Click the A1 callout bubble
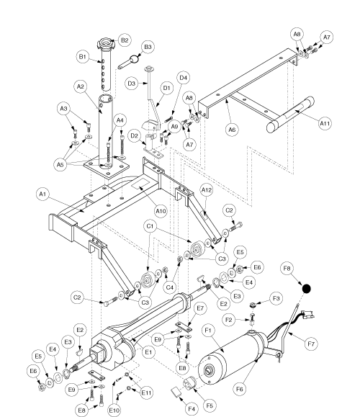point(42,194)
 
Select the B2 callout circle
point(125,40)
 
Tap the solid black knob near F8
point(306,289)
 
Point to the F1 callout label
point(208,331)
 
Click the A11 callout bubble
point(325,123)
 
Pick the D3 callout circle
point(132,84)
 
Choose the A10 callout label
point(161,211)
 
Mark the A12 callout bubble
point(207,190)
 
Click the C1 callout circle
point(150,226)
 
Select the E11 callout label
point(146,393)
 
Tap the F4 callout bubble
point(192,409)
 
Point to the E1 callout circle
point(148,352)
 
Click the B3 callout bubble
point(148,47)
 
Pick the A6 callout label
point(232,130)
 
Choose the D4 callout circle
point(183,78)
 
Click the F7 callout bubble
point(311,344)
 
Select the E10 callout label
point(114,411)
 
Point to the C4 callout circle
point(169,287)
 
